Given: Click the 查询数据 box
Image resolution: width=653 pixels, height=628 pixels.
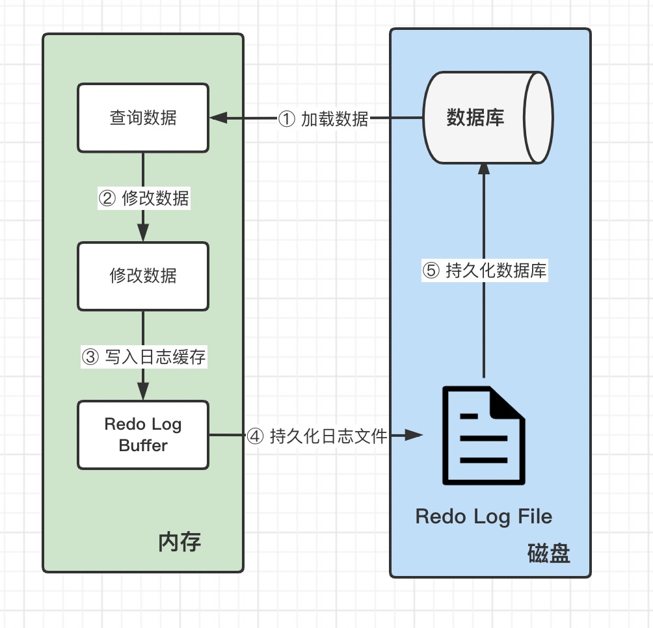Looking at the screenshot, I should point(143,118).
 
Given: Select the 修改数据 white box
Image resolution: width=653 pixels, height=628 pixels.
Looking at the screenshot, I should point(143,276).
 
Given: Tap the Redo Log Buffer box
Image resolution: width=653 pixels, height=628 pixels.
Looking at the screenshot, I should point(143,434).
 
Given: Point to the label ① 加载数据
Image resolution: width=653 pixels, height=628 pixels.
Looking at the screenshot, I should point(323,119).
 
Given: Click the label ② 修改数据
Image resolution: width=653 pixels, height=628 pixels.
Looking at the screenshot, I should point(143,198).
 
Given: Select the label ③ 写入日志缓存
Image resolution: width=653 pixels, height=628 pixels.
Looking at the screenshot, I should point(143,357).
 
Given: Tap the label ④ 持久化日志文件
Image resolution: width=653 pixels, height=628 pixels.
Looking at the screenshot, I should point(317,436).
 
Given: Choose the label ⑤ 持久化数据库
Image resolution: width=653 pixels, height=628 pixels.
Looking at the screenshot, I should point(485,270).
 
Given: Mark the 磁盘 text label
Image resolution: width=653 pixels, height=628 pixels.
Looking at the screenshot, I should point(548,554).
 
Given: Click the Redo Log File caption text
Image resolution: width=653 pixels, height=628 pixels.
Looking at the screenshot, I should point(483,517).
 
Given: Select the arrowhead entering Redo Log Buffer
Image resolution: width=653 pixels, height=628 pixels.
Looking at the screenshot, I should point(143,393).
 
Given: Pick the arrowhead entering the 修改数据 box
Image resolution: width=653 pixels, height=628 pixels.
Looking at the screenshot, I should point(143,234).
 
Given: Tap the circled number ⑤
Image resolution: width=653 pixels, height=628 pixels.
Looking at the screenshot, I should point(431,271).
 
